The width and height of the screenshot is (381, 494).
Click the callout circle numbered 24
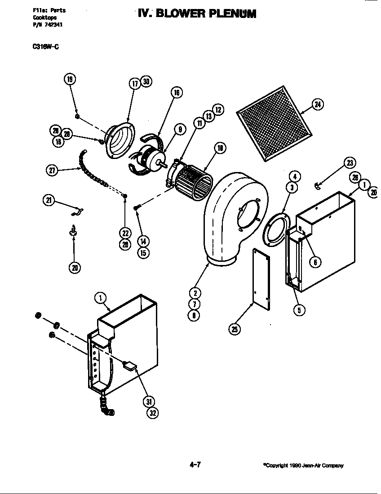click(318, 105)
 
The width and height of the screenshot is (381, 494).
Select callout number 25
click(235, 329)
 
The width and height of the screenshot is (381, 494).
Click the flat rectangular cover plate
click(261, 279)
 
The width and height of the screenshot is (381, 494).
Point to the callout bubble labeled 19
click(70, 79)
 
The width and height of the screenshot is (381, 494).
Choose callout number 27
click(53, 171)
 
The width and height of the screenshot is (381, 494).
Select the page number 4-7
click(195, 465)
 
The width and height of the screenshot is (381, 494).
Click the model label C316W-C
click(43, 46)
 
